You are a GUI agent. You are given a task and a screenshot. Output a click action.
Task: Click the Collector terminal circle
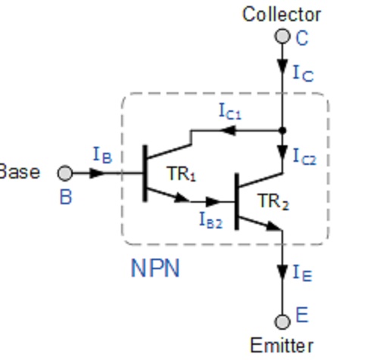point(282,36)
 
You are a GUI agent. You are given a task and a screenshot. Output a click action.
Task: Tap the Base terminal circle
point(65,173)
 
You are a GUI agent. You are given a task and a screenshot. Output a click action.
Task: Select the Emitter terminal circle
point(282,321)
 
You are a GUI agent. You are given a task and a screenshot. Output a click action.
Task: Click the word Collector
point(282,14)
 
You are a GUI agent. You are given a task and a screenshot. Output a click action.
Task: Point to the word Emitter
point(282,346)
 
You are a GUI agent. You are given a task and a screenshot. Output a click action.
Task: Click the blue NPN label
point(155,268)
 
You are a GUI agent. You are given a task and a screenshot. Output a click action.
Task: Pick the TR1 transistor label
point(181,174)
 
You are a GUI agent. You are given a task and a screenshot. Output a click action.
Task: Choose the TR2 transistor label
point(273,202)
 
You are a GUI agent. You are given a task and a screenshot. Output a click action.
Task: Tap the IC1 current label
point(230,111)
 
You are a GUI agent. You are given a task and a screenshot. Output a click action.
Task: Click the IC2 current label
point(304,157)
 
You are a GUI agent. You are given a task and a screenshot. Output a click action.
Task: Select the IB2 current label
point(211,220)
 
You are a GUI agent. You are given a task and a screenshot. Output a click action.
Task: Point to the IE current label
point(303,273)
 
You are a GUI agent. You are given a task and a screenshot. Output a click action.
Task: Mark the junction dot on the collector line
point(282,131)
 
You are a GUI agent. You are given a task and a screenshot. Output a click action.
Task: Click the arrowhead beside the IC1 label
point(229,131)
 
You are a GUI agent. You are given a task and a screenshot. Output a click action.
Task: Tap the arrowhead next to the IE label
point(282,273)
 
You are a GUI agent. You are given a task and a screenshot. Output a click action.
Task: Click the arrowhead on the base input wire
point(97,173)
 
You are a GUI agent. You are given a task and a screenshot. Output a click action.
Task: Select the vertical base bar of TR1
point(145,173)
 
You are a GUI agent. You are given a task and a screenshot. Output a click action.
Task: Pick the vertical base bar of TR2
point(237,201)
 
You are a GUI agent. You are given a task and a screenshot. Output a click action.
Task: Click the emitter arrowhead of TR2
point(274,226)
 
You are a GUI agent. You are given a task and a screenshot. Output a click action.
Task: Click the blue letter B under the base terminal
point(66,197)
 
